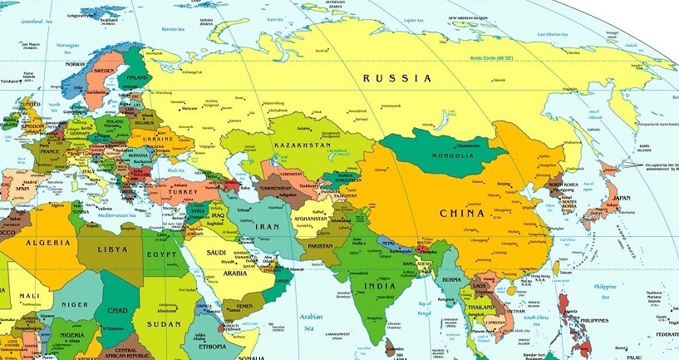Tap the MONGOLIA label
point(450,155)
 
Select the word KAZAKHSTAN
point(302,145)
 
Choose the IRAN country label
point(266,226)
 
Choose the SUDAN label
point(164,323)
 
